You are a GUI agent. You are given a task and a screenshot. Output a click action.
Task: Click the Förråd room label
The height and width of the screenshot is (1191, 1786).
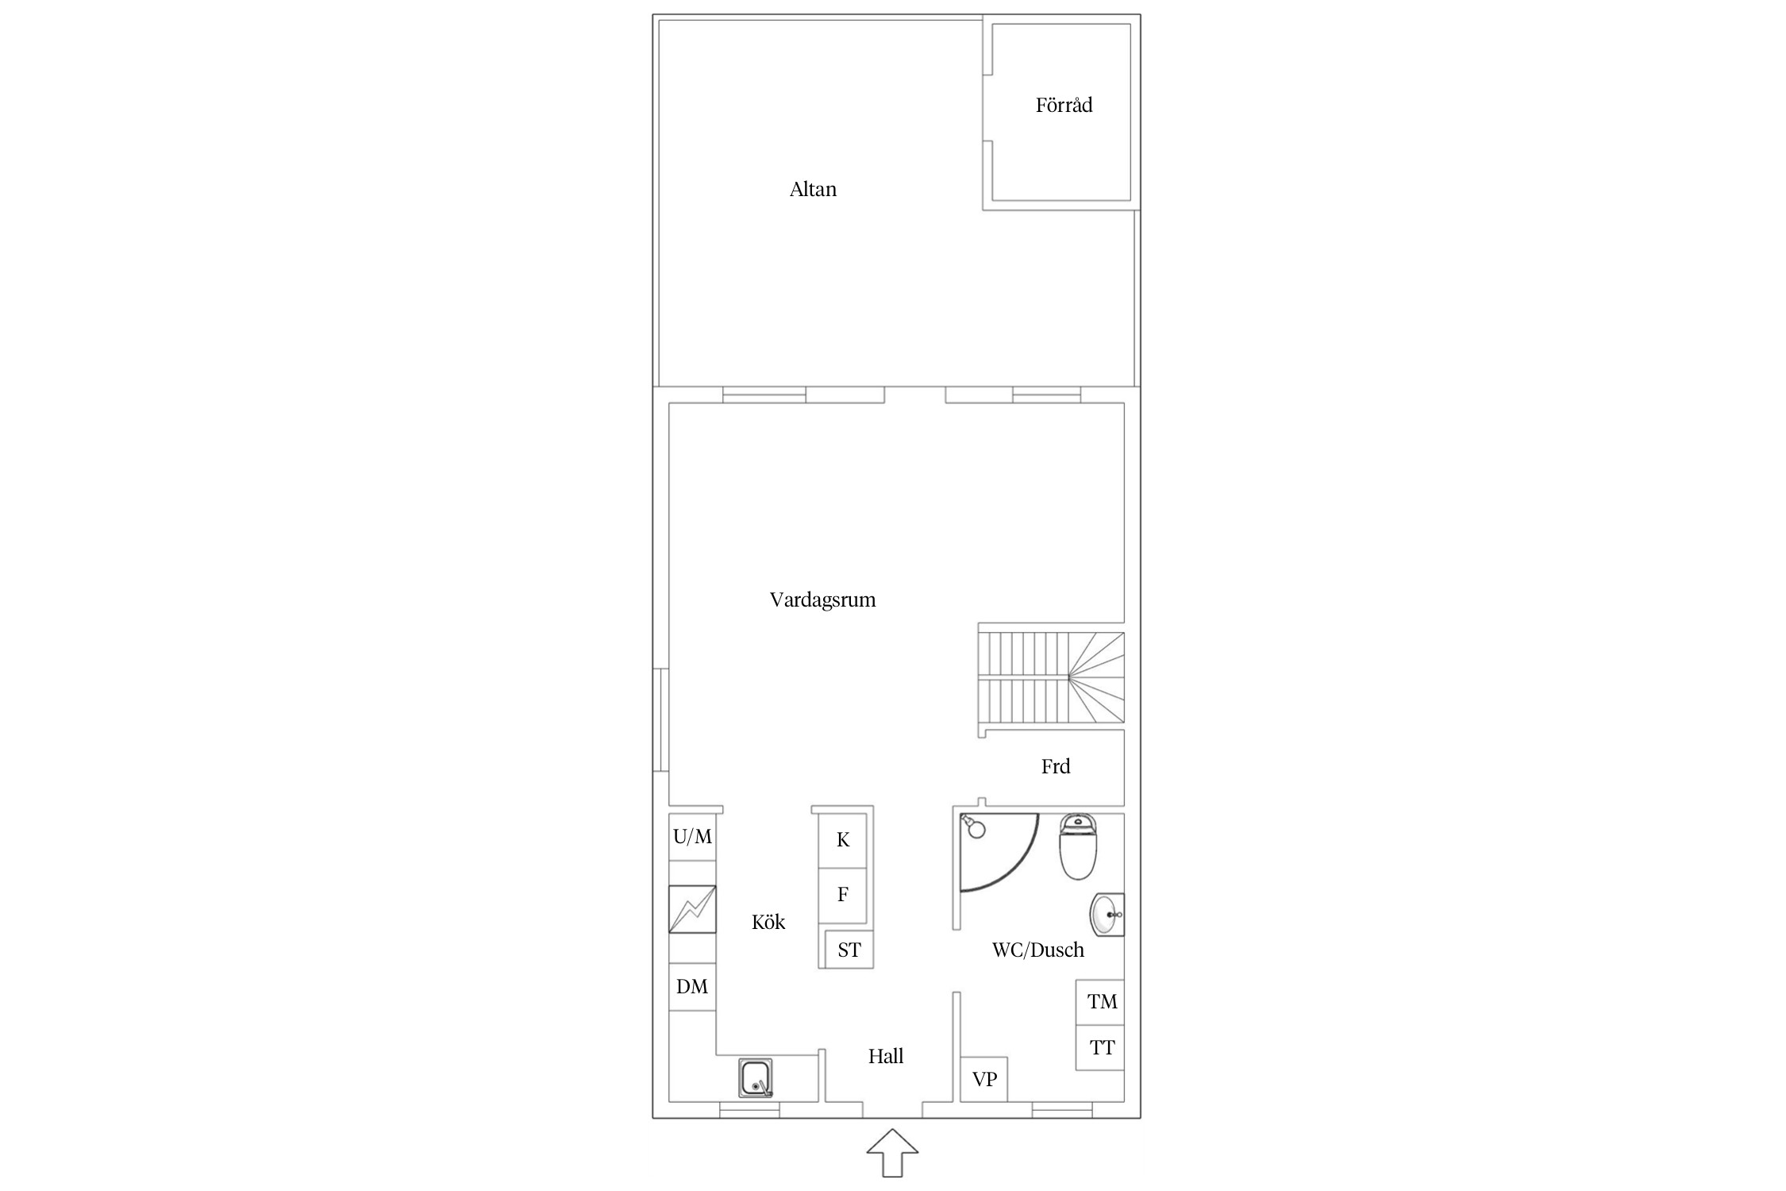pyautogui.click(x=1064, y=105)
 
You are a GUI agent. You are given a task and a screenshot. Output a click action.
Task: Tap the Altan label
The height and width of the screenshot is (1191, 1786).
pyautogui.click(x=813, y=189)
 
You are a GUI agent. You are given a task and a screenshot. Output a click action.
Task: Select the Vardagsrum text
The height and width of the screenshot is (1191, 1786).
pyautogui.click(x=822, y=599)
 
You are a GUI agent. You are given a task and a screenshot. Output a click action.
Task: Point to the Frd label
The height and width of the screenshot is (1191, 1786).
pyautogui.click(x=1056, y=766)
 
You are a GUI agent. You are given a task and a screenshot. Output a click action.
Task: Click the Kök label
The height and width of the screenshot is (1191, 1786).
pyautogui.click(x=768, y=922)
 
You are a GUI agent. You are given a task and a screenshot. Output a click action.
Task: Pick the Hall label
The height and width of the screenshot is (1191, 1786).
pyautogui.click(x=886, y=1056)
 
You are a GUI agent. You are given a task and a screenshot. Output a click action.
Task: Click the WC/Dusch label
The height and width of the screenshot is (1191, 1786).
pyautogui.click(x=1037, y=950)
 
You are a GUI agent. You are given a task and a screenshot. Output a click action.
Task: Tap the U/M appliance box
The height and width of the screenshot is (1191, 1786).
pyautogui.click(x=692, y=837)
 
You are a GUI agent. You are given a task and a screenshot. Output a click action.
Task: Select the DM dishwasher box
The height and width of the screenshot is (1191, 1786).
pyautogui.click(x=692, y=987)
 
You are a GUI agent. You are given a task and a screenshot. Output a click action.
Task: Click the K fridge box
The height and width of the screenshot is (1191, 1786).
pyautogui.click(x=843, y=840)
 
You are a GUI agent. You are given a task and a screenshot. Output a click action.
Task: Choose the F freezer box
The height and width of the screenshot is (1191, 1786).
pyautogui.click(x=843, y=895)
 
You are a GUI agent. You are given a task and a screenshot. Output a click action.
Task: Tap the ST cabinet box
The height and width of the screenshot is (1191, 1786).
pyautogui.click(x=849, y=950)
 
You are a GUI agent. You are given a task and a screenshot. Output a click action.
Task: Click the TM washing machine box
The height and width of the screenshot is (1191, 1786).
pyautogui.click(x=1100, y=1002)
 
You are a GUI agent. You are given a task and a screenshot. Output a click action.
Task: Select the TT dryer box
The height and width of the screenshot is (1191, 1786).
pyautogui.click(x=1100, y=1048)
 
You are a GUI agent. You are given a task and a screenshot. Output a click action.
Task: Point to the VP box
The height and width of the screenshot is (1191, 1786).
pyautogui.click(x=984, y=1079)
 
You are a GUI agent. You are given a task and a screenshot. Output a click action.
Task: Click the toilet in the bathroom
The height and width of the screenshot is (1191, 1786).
pyautogui.click(x=1077, y=847)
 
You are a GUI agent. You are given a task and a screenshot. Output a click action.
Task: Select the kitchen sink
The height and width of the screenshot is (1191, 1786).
pyautogui.click(x=756, y=1078)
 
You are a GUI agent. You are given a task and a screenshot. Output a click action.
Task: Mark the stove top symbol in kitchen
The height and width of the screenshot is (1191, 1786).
pyautogui.click(x=692, y=909)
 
